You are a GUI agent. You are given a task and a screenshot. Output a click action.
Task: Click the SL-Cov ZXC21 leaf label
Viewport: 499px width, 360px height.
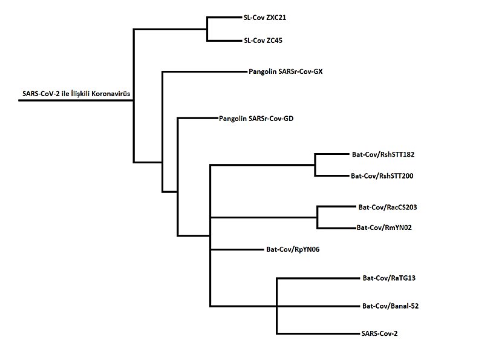click(265, 18)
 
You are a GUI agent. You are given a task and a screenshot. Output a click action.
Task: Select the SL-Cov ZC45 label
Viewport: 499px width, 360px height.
click(262, 41)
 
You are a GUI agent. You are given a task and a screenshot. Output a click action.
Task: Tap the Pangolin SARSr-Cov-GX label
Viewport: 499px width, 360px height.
click(285, 71)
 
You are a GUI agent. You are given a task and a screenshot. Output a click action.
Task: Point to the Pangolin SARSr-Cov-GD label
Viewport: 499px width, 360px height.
click(256, 119)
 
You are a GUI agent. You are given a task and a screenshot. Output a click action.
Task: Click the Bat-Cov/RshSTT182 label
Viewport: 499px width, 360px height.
click(382, 154)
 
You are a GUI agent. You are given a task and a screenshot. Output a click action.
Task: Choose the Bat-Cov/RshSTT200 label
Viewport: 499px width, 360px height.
click(382, 176)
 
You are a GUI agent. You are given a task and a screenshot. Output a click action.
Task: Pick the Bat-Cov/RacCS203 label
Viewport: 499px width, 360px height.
click(388, 207)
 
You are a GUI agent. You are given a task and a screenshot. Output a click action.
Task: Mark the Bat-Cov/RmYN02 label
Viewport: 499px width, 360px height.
click(384, 228)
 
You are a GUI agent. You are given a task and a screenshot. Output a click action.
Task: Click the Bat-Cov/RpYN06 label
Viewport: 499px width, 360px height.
click(292, 249)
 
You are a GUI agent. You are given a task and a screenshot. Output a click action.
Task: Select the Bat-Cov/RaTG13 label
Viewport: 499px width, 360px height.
click(388, 278)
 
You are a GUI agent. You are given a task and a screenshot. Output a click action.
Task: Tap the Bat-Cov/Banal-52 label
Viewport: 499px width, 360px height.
click(390, 306)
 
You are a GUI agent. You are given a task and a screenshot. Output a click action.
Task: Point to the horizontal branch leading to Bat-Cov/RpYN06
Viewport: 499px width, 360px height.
click(235, 249)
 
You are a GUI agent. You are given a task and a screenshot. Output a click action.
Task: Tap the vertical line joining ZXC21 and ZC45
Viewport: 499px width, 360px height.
click(207, 29)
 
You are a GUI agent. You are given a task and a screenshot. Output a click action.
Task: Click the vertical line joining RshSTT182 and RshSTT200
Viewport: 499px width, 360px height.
click(315, 165)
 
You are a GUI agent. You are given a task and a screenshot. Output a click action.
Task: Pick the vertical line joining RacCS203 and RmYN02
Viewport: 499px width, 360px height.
click(318, 217)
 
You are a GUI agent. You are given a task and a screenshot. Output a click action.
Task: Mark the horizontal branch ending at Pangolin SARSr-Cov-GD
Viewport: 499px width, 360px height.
click(197, 118)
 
